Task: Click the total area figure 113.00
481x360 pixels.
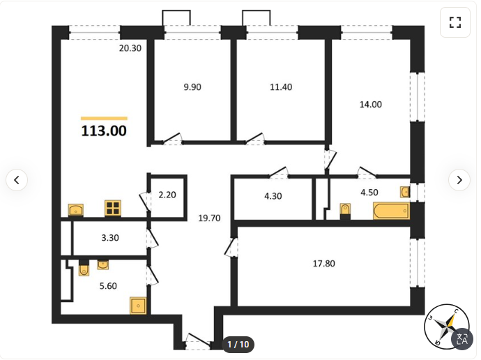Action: pos(104,130)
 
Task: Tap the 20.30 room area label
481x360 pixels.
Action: pos(130,48)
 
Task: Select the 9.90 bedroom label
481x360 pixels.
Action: pos(192,87)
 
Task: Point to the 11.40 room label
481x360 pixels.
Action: pos(281,87)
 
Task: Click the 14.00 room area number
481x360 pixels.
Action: pos(371,105)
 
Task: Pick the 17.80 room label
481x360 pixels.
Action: pos(324,264)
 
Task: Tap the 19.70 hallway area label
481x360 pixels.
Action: pos(209,218)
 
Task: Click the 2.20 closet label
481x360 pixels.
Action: pos(167,195)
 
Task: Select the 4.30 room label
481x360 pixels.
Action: pos(273,196)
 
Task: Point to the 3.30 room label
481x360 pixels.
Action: pos(110,238)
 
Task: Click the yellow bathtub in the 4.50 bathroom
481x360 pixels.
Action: pos(391,211)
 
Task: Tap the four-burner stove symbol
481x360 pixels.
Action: pos(113,208)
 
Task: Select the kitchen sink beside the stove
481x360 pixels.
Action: pos(75,210)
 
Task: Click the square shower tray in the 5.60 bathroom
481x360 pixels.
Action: pos(138,306)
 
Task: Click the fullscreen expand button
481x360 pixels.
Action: pos(455,22)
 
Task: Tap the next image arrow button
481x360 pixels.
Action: pos(459,180)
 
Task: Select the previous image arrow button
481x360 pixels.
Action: pos(17,180)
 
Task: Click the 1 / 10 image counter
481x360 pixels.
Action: pos(238,345)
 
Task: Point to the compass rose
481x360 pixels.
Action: pos(446,327)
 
